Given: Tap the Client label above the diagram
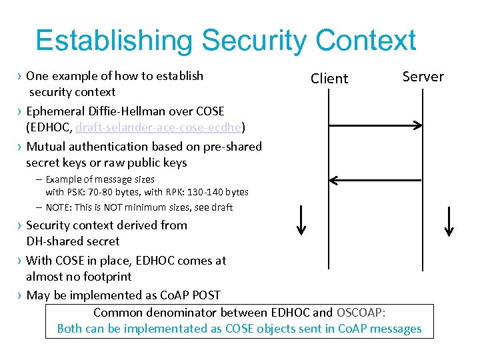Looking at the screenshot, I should pos(329,79).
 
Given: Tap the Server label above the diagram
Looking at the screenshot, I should pos(423,77).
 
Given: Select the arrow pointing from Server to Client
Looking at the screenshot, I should pos(376,179).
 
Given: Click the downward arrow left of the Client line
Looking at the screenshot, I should pos(301,221).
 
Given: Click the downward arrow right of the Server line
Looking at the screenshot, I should pos(450,221).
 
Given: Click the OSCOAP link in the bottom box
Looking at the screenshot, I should pos(360,313).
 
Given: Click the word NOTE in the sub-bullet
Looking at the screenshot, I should pos(59,207).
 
